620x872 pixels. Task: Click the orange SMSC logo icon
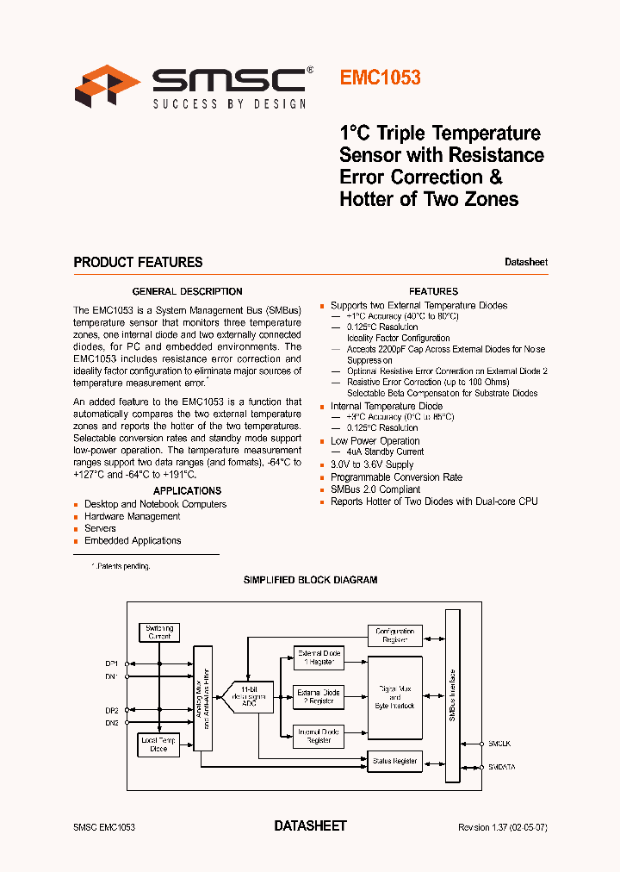[107, 86]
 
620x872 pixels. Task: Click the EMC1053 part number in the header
[380, 78]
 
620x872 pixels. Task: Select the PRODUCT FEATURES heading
[138, 262]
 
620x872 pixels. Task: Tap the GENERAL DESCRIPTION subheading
[187, 291]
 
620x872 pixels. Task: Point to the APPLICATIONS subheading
[187, 490]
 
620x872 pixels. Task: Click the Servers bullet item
[100, 528]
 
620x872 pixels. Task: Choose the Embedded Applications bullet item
[133, 540]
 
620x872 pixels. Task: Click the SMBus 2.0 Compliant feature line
[375, 489]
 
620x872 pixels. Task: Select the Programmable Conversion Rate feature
[396, 476]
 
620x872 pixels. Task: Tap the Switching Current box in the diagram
[159, 632]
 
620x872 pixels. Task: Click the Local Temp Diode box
[159, 744]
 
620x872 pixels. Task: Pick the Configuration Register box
[395, 636]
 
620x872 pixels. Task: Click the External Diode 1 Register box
[319, 657]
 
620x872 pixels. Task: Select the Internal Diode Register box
[319, 735]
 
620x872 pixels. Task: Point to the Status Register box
[395, 761]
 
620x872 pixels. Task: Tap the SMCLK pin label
[500, 742]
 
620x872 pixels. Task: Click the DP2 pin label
[112, 710]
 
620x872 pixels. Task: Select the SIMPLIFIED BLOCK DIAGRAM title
[310, 580]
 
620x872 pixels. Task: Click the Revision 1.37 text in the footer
[503, 826]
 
